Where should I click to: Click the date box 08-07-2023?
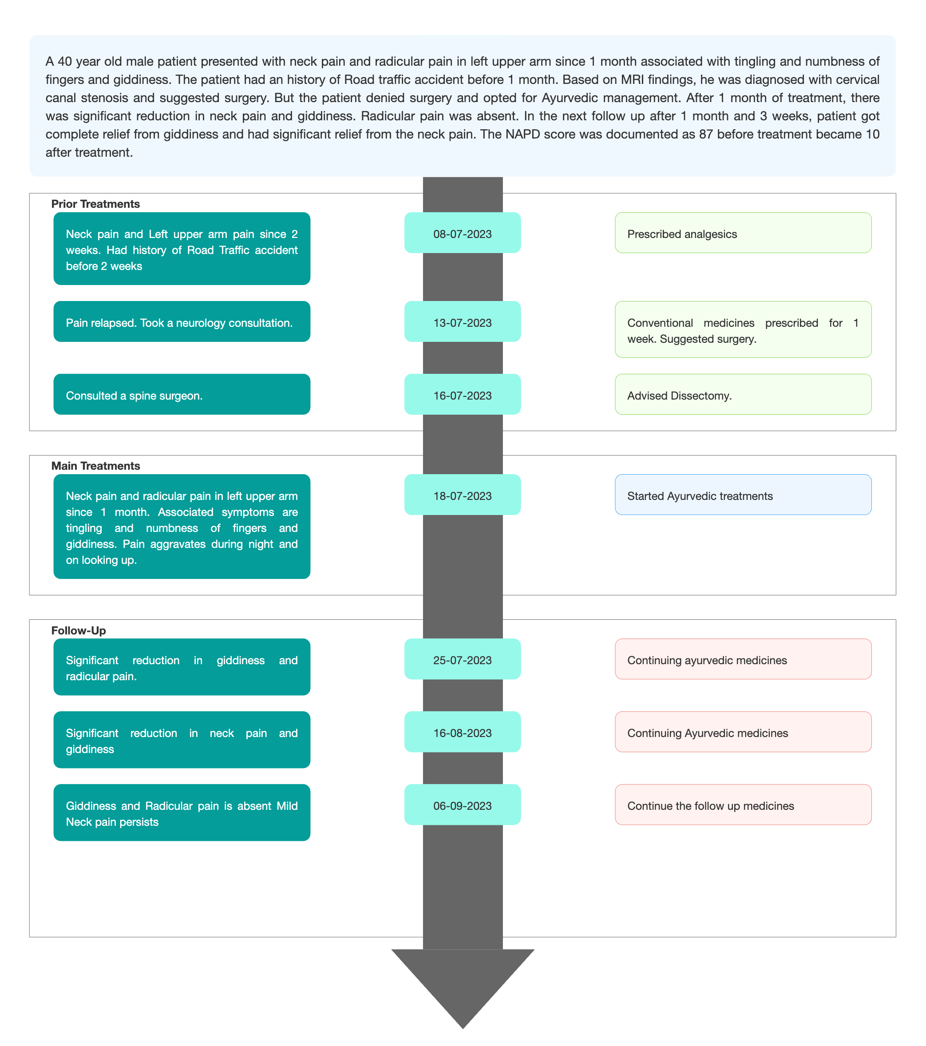pos(463,233)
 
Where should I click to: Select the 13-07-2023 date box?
pos(463,321)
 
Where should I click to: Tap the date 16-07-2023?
pos(463,395)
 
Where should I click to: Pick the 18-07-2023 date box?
pos(463,495)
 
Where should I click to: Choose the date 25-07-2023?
pos(463,659)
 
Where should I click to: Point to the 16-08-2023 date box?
pos(463,732)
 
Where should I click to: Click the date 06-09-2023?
pos(463,804)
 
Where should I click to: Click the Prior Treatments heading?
pos(96,204)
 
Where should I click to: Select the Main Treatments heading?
pos(96,466)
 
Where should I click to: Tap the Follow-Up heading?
pos(78,630)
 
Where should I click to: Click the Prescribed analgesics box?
pos(743,233)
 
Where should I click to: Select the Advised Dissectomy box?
pos(743,395)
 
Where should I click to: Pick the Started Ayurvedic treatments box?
pos(743,495)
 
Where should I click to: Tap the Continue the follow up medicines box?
pos(743,804)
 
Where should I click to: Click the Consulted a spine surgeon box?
pos(182,395)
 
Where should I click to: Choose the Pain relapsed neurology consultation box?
pos(182,321)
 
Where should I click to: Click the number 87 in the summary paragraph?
pos(706,134)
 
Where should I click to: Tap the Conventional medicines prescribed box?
pos(743,329)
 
